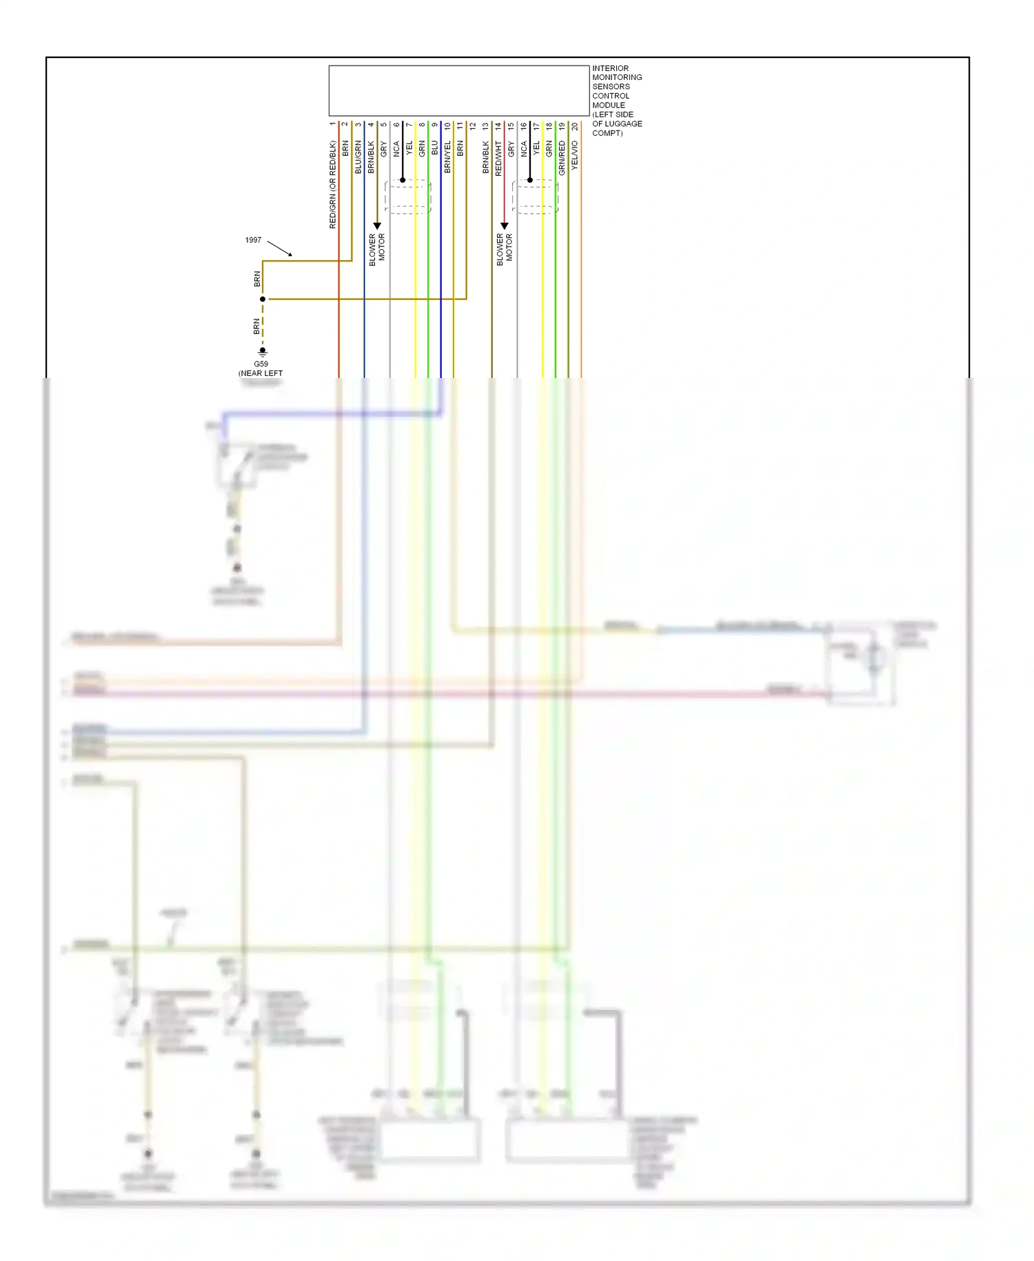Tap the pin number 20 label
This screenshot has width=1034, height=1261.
click(x=575, y=127)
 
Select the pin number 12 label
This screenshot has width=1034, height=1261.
click(x=473, y=127)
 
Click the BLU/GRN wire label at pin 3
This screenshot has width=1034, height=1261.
click(x=358, y=157)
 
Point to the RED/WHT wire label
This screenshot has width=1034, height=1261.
click(x=498, y=159)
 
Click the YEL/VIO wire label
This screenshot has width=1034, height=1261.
click(x=575, y=156)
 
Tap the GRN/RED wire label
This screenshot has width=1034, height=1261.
click(x=562, y=157)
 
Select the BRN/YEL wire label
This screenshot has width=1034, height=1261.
click(x=447, y=157)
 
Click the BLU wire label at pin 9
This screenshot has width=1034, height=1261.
click(x=434, y=148)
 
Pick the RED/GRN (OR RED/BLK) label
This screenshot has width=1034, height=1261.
click(x=332, y=184)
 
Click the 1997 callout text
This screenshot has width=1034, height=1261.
click(x=253, y=240)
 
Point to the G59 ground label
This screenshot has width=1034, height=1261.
click(x=261, y=364)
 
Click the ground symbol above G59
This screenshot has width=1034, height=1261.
click(x=263, y=352)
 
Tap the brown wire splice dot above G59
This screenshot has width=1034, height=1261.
click(x=263, y=299)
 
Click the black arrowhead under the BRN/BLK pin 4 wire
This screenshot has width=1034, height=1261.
click(x=377, y=226)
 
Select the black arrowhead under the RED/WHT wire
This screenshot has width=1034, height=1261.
click(x=505, y=226)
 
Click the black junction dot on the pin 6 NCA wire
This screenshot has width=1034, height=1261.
click(x=403, y=180)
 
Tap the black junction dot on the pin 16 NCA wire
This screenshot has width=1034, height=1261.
click(x=530, y=180)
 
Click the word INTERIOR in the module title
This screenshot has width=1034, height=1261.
click(x=610, y=68)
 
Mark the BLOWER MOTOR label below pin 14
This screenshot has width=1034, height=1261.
click(x=505, y=248)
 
